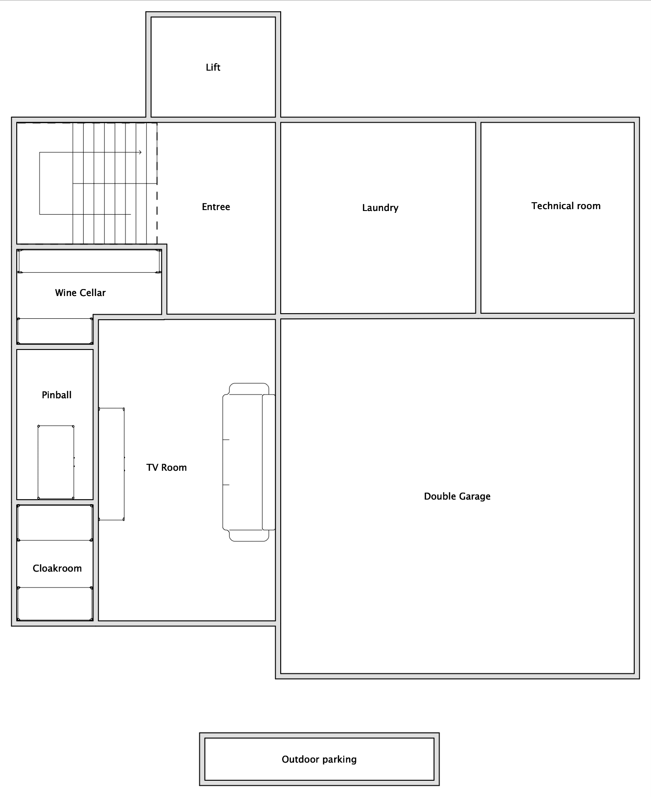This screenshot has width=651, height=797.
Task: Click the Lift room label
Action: pyautogui.click(x=213, y=67)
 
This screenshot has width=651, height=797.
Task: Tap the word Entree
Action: pyautogui.click(x=216, y=207)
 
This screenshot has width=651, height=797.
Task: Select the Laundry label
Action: pyautogui.click(x=380, y=208)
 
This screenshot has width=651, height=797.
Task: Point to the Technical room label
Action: pyautogui.click(x=566, y=206)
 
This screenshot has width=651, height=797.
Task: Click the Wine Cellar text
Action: pyautogui.click(x=80, y=293)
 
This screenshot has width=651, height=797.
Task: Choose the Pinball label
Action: pyautogui.click(x=57, y=395)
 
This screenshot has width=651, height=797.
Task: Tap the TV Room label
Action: pyautogui.click(x=166, y=468)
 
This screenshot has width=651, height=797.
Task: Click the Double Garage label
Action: pyautogui.click(x=457, y=496)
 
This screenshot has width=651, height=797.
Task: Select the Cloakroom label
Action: pyautogui.click(x=57, y=568)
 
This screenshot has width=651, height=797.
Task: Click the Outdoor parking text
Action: pyautogui.click(x=319, y=759)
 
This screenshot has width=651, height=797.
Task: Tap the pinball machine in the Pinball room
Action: pyautogui.click(x=56, y=462)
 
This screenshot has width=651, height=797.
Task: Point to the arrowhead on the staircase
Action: pyautogui.click(x=139, y=152)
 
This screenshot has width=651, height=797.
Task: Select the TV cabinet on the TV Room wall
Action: pyautogui.click(x=112, y=464)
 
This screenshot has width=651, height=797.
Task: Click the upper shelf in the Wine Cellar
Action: pyautogui.click(x=89, y=261)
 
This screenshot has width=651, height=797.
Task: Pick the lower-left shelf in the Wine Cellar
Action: pyautogui.click(x=55, y=331)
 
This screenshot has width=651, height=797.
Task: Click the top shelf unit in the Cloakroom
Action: pyautogui.click(x=55, y=523)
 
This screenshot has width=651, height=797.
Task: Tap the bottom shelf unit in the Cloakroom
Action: pyautogui.click(x=55, y=604)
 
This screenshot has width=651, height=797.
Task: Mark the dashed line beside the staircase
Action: pyautogui.click(x=157, y=195)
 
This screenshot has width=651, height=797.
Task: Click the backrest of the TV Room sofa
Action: pyautogui.click(x=269, y=462)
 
